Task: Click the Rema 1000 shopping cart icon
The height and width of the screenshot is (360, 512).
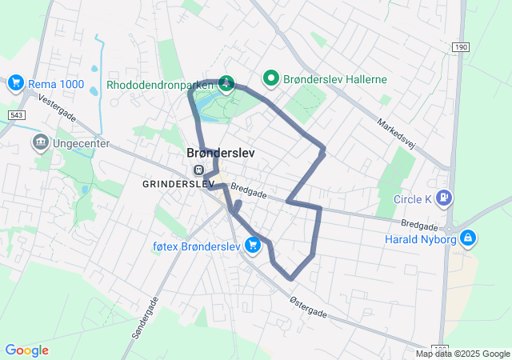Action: (15, 83)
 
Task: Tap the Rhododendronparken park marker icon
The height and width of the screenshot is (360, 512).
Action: (226, 82)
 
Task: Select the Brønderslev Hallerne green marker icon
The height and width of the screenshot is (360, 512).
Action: (271, 78)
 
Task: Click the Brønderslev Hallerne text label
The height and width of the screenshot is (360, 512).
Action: (336, 79)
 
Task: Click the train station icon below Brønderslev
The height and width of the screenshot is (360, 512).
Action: (198, 170)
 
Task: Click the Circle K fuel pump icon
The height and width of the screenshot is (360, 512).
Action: (446, 198)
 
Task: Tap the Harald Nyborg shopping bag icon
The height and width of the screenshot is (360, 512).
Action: (469, 238)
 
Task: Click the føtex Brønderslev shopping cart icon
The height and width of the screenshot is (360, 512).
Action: (254, 246)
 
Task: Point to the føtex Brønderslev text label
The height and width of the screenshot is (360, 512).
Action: (196, 246)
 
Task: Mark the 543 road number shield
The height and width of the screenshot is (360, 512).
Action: (16, 116)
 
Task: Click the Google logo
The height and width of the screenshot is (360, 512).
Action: (26, 350)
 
